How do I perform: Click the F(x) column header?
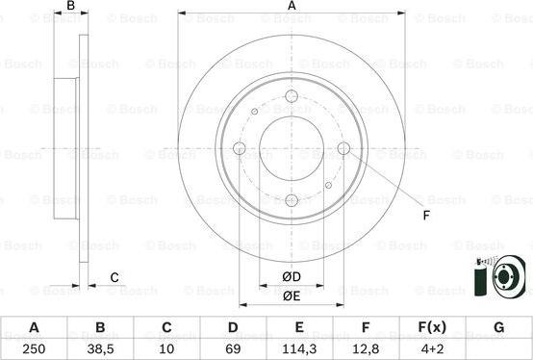(x=432, y=327)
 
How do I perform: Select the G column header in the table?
(x=498, y=327)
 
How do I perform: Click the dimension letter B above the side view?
(x=71, y=7)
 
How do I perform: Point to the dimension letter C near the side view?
(x=114, y=278)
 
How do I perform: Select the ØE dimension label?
(x=292, y=296)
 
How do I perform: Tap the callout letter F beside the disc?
(x=424, y=216)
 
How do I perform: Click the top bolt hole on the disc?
(x=292, y=95)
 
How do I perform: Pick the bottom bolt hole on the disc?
(x=292, y=200)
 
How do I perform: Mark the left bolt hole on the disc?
(x=240, y=147)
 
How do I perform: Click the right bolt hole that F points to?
(x=343, y=147)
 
